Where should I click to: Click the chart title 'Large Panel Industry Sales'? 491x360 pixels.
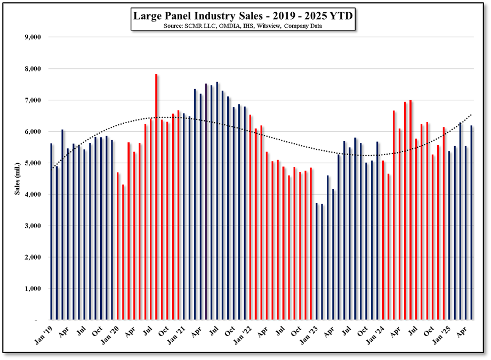(x=243, y=16)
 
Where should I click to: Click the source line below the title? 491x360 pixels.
(x=243, y=26)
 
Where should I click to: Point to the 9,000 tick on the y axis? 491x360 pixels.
(x=33, y=37)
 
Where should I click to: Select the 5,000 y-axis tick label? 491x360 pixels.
(x=33, y=163)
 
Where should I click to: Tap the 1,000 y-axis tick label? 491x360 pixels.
(x=33, y=289)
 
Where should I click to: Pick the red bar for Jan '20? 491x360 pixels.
(x=118, y=246)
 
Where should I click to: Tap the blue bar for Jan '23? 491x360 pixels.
(x=317, y=261)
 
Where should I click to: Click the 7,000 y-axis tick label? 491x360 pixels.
(x=33, y=100)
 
